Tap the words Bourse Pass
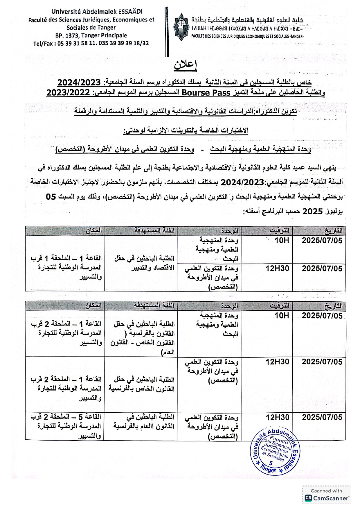[200, 93]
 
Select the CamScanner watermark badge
[327, 495]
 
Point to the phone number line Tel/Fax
[91, 43]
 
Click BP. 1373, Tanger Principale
[91, 35]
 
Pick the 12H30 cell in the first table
[278, 268]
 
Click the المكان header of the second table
[93, 305]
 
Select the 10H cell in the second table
[282, 316]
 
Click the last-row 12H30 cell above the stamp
[278, 417]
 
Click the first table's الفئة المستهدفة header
[154, 231]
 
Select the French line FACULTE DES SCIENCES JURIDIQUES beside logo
[247, 36]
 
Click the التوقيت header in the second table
[279, 305]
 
